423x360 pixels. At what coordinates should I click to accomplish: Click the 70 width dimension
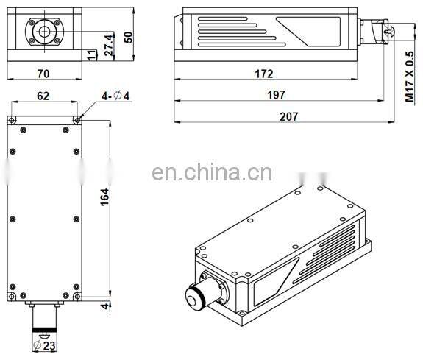tap(43, 74)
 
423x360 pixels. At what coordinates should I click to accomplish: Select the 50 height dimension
tap(129, 37)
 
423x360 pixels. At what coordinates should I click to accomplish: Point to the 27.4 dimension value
tap(109, 45)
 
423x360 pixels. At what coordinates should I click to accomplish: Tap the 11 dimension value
tap(92, 54)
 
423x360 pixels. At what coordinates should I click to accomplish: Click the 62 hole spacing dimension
tap(43, 96)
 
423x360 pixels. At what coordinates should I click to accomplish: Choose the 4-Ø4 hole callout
tap(115, 96)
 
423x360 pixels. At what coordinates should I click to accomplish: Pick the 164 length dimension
tap(104, 197)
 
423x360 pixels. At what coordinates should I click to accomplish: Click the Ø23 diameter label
tap(44, 345)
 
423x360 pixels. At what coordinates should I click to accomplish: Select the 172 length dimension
tap(264, 74)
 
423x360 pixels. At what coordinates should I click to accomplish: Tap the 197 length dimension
tap(276, 95)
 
